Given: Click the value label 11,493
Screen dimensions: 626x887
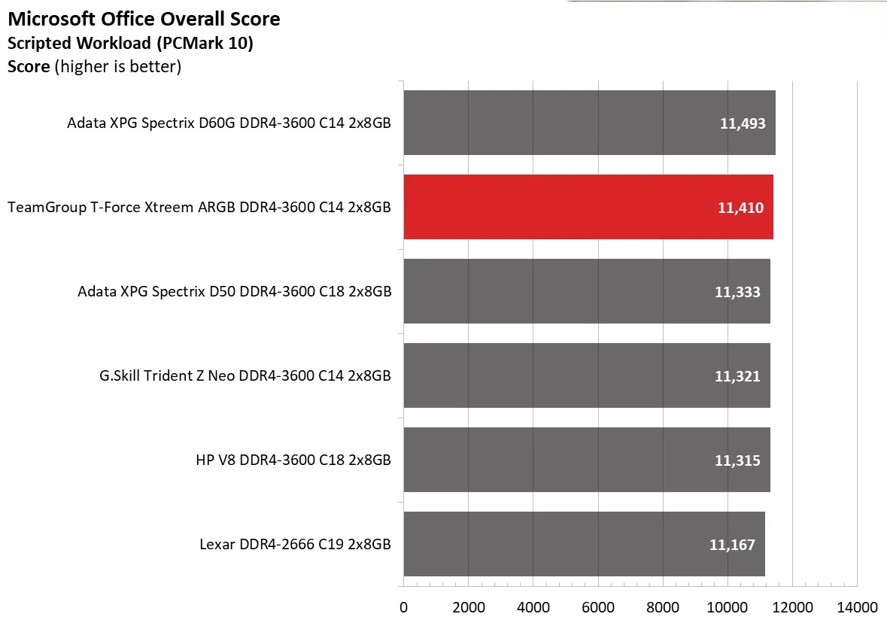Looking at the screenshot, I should pos(742,123).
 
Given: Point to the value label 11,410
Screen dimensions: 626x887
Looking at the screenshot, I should pos(740,208).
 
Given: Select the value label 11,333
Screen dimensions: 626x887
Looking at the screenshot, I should pos(737,292).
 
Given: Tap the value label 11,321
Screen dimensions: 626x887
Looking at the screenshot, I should pos(737,376).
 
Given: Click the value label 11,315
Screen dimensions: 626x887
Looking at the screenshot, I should pos(737,460).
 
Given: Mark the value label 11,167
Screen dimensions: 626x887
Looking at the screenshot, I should pos(732,545).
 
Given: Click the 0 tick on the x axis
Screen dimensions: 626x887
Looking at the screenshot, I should pos(404,607).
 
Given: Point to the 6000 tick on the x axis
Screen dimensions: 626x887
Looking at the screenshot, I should pos(597,607).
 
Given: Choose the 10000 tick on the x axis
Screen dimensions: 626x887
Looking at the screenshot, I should pos(728,607).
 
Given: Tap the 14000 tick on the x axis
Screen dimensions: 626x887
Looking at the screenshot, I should pos(857,607).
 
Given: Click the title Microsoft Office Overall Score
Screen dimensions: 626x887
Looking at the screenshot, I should pos(144,20).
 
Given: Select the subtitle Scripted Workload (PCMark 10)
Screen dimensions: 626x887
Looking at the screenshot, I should pos(130,44).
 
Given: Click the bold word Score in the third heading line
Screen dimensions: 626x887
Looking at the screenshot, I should pos(29,67).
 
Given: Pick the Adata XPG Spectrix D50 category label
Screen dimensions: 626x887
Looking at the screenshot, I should pos(234,292).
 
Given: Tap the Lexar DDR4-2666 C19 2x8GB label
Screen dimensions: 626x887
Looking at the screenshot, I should pos(295,545).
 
